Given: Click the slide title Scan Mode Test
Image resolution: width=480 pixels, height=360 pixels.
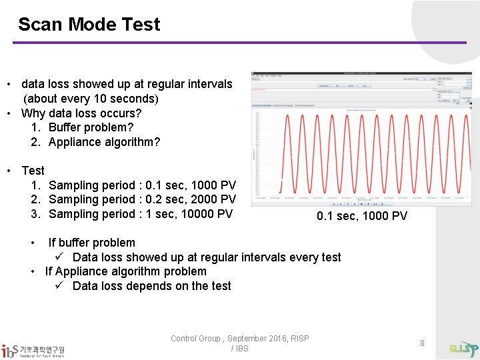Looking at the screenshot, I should coord(89,25).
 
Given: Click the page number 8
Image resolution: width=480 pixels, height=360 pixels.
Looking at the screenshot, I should coord(422,343).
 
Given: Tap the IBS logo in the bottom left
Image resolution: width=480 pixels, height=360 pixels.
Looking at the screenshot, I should coord(33,351).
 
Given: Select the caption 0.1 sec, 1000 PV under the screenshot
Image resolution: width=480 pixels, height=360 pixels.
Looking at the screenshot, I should coord(361,216).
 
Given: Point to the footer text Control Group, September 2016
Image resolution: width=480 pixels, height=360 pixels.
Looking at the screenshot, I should coord(239,339).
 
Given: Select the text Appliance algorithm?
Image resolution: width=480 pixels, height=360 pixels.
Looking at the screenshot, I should coord(104,142).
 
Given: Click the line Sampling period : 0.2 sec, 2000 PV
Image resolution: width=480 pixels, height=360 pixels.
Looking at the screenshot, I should coord(142,199).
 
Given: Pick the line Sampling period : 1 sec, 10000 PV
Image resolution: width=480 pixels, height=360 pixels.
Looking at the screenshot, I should coord(140,214).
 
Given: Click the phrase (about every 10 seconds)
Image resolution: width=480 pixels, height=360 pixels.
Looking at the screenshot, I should coord(91,99).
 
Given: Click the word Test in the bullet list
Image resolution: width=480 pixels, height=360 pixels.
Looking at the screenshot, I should coord(33,171).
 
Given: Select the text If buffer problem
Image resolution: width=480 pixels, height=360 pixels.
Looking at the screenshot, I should coord(91,243).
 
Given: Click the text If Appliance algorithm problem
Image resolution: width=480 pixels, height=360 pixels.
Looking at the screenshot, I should coord(125,271).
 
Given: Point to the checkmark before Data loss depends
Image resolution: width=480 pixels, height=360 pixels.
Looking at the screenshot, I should coord(59,286).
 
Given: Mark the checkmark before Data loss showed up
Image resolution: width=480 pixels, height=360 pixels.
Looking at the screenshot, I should coord(59,257).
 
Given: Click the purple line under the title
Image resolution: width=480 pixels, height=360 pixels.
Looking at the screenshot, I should coord(239,43).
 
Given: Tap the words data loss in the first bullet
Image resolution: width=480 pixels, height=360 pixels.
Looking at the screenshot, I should coord(45,84).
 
